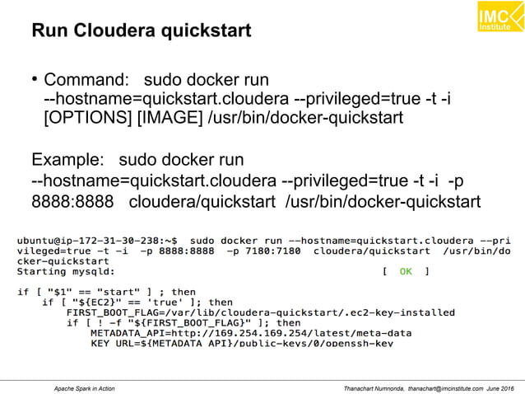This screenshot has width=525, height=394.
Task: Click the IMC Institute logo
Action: pos(499,18)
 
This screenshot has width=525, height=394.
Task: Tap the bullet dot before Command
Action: pos(35,80)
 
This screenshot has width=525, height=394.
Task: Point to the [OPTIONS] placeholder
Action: pos(89,117)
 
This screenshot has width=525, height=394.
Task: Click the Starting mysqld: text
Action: pos(67,270)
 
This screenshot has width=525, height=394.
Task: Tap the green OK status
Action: pos(406,270)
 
